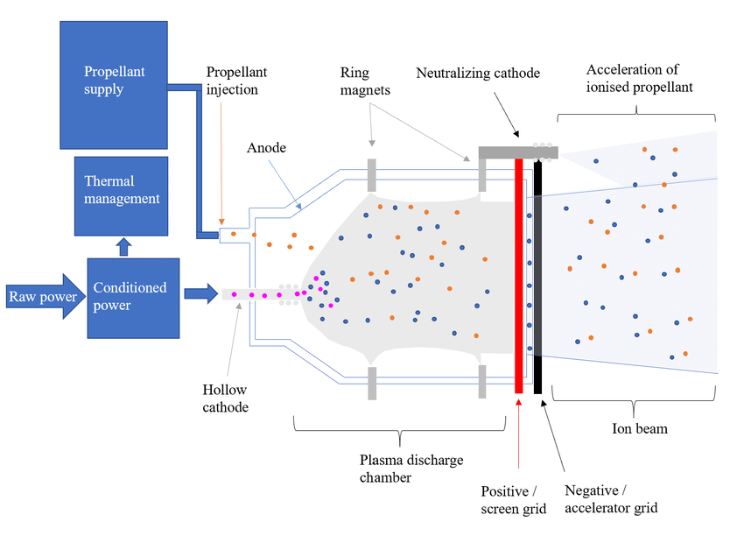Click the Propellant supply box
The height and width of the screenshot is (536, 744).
click(x=114, y=85)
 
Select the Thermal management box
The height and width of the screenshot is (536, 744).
click(x=122, y=196)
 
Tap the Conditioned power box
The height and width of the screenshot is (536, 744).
click(x=133, y=298)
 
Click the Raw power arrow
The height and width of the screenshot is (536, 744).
click(x=46, y=296)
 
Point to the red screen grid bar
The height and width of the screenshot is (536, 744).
click(x=519, y=276)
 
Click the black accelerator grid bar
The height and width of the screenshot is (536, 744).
click(x=537, y=278)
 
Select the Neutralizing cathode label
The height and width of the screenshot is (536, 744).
click(x=478, y=73)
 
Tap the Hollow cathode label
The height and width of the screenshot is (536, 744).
click(x=225, y=398)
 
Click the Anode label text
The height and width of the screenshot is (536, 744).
click(x=266, y=148)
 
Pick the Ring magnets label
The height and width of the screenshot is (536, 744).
click(x=365, y=81)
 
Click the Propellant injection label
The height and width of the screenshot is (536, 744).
click(x=236, y=81)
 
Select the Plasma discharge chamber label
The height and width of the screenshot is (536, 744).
click(x=411, y=469)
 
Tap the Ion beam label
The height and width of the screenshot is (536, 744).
click(x=640, y=428)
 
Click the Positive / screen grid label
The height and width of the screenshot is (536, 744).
click(x=514, y=500)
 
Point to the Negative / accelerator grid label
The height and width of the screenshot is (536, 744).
click(x=611, y=499)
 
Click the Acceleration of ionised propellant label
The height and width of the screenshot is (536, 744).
click(x=639, y=78)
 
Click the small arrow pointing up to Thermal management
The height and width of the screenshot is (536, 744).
click(x=123, y=247)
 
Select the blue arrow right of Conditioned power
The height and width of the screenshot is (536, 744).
click(x=201, y=293)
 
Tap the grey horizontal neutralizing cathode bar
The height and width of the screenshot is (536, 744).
click(x=518, y=152)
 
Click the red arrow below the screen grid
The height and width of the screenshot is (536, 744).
click(x=519, y=434)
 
